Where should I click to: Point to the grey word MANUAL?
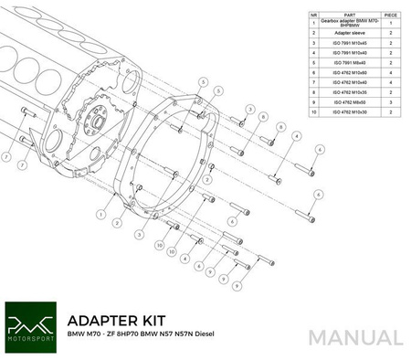coord(355,337)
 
